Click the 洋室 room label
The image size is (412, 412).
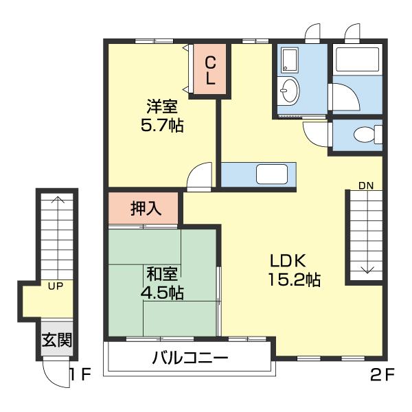click(x=162, y=107)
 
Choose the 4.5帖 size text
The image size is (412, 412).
click(x=162, y=293)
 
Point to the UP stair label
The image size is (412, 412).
click(x=56, y=286)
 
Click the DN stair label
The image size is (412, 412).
click(x=365, y=185)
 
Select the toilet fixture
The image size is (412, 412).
click(x=367, y=134)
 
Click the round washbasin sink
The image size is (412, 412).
click(x=289, y=89)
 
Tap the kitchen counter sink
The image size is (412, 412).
click(x=271, y=174)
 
